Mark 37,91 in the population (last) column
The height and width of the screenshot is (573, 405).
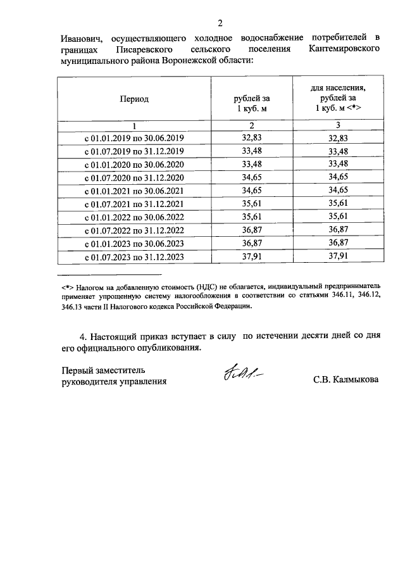pyautogui.click(x=339, y=256)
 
